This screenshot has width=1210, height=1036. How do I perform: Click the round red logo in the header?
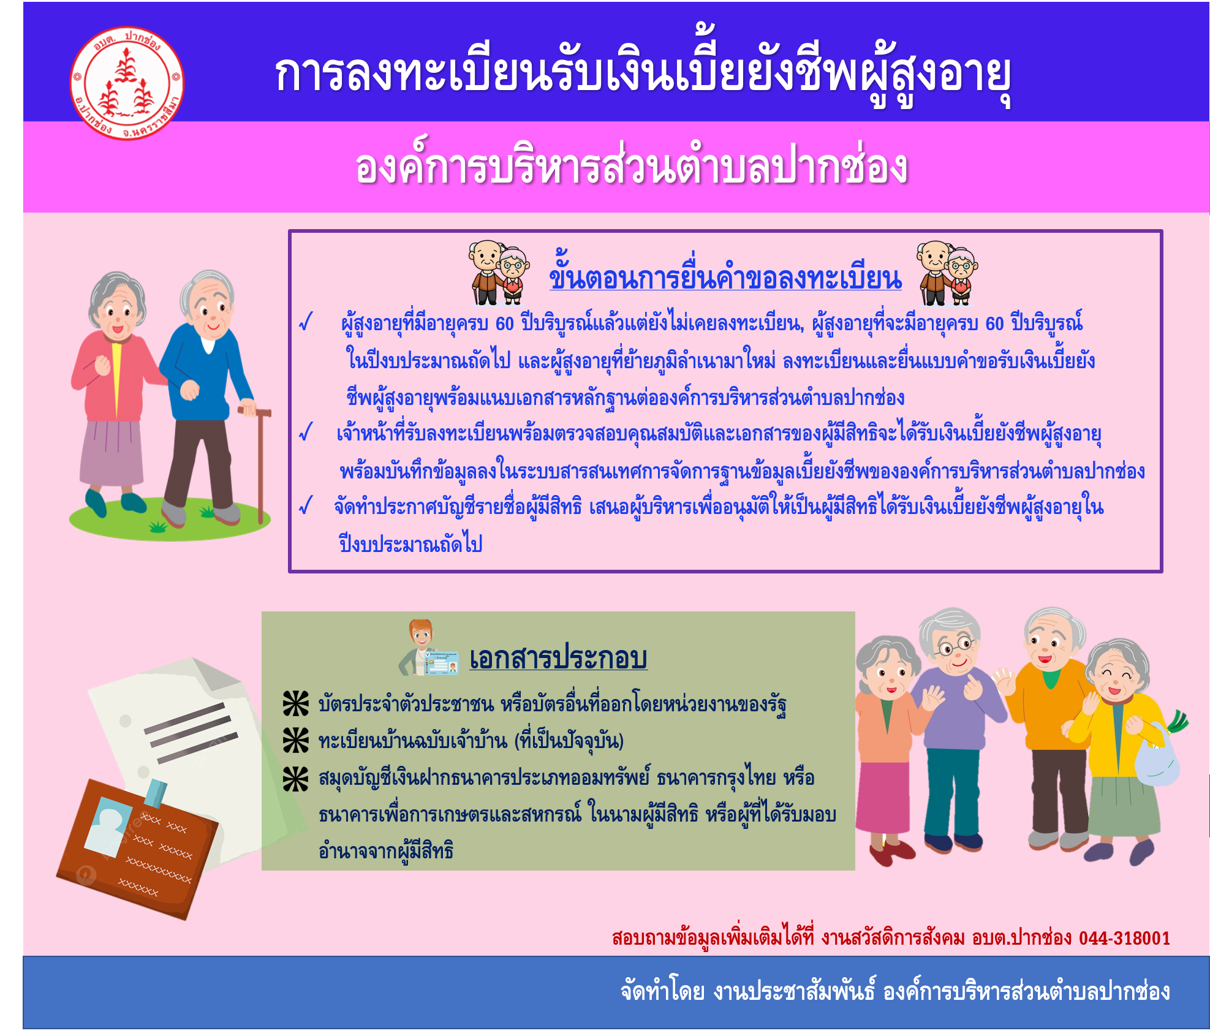coord(127,83)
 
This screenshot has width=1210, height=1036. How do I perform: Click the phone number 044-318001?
coord(1124,938)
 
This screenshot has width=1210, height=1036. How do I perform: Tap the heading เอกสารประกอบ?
coord(558,658)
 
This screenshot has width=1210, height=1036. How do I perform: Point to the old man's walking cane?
coord(260,463)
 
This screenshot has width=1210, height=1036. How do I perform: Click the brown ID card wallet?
coord(136,849)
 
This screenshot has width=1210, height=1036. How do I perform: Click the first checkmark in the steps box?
coord(306,322)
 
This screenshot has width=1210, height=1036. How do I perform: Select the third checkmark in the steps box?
coord(306,505)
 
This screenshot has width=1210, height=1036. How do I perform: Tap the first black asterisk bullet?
coord(296,703)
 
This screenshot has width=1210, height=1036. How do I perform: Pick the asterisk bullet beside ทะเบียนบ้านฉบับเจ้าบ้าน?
coord(296,740)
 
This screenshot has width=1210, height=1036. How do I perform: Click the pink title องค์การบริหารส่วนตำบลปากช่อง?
coord(631,167)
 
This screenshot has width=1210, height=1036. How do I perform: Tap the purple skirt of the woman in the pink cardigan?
coord(111,452)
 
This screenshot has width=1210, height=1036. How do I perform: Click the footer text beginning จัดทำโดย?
coord(895,991)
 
